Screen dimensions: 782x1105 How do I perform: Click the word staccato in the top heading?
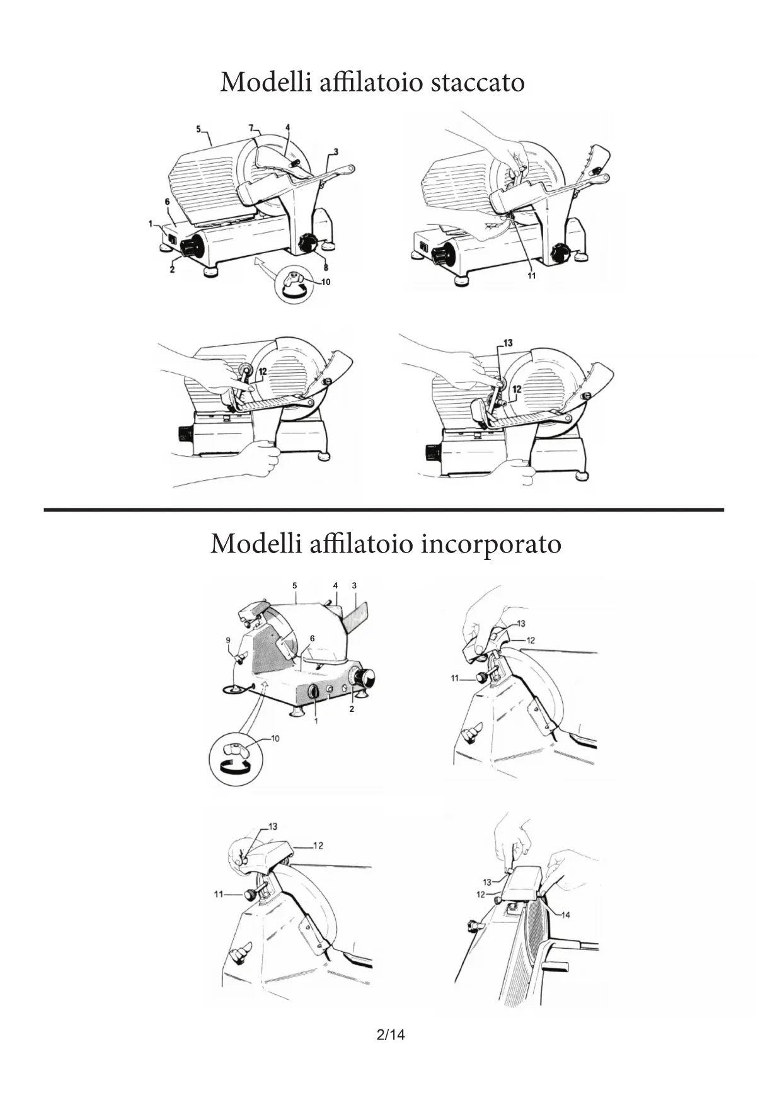(x=477, y=83)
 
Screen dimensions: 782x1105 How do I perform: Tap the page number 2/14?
(x=390, y=1034)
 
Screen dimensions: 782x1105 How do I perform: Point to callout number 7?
(x=250, y=128)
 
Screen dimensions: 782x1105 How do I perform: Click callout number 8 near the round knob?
(x=325, y=267)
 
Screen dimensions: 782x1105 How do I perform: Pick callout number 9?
(x=228, y=640)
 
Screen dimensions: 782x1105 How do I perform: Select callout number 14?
(x=565, y=915)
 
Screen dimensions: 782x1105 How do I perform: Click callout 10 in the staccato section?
(x=326, y=282)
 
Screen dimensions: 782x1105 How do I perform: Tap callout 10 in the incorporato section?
(x=275, y=738)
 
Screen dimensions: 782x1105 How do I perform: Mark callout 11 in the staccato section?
(x=531, y=276)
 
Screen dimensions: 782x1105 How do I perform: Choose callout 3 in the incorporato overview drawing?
(x=354, y=585)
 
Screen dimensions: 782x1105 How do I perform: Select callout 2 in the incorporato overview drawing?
(x=352, y=709)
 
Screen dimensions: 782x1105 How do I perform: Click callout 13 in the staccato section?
(x=507, y=343)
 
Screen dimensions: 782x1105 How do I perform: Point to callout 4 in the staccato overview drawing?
(x=287, y=127)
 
